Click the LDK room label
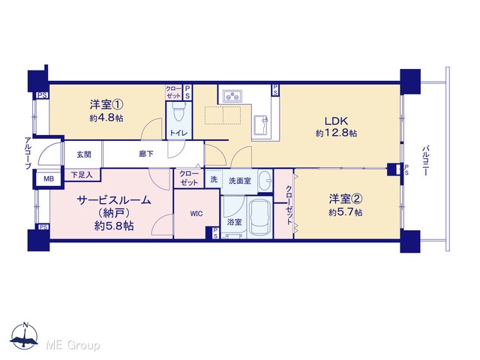point(336,121)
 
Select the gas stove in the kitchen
point(232,96)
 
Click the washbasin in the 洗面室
point(265,180)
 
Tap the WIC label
point(196,214)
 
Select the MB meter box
point(49,178)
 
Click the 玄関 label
point(83,154)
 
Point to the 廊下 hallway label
point(146,154)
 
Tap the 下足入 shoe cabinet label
point(82,175)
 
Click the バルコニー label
point(425,160)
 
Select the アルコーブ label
point(28,153)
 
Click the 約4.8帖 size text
point(106,118)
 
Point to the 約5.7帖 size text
point(345,212)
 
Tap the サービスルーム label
point(114,200)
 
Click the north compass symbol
point(25,336)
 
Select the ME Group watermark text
point(73,345)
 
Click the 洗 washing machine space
point(214,179)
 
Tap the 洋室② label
point(346,199)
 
